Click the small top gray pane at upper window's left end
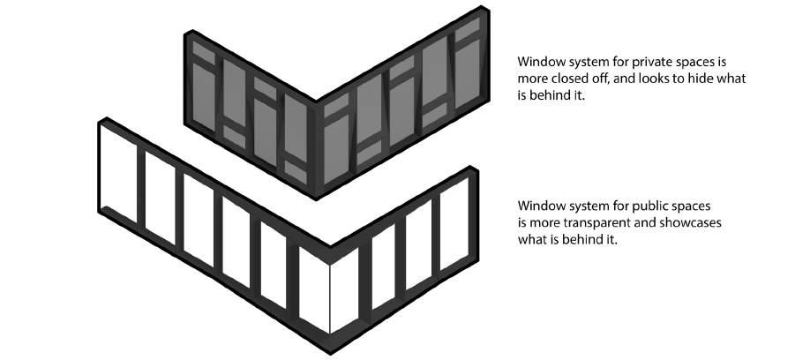coord(203,54)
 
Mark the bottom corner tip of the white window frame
coord(330,350)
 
